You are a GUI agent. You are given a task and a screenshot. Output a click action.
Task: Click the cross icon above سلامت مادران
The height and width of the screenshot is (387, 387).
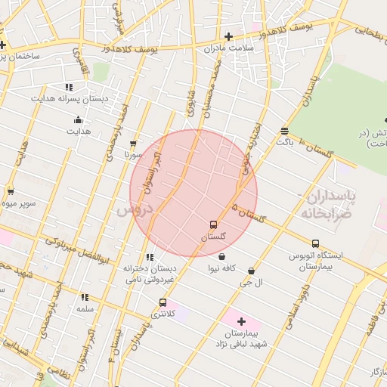click(228, 36)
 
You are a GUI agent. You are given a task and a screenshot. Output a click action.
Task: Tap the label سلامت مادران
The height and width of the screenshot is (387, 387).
click(228, 48)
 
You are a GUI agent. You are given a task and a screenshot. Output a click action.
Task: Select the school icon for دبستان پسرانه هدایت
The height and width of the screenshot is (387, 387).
click(69, 87)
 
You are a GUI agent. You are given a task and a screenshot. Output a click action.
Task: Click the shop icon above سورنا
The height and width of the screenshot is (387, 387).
click(134, 143)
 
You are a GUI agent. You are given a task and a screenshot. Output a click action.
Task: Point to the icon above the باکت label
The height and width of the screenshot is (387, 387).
click(284, 130)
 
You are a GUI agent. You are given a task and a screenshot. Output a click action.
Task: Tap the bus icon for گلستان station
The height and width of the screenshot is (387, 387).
click(213, 224)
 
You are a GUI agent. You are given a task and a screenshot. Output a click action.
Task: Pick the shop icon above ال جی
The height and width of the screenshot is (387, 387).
click(251, 271)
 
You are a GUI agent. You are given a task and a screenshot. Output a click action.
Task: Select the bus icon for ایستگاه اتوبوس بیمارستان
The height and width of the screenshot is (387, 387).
click(315, 243)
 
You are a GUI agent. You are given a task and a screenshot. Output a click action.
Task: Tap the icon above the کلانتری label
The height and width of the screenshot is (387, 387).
click(163, 302)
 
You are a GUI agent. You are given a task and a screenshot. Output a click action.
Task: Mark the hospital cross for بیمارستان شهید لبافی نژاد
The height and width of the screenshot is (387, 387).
click(242, 321)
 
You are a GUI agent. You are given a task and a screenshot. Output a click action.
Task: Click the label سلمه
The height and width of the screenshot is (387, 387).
click(85, 309)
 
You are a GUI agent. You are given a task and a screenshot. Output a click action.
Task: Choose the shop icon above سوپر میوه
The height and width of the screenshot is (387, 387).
click(10, 191)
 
